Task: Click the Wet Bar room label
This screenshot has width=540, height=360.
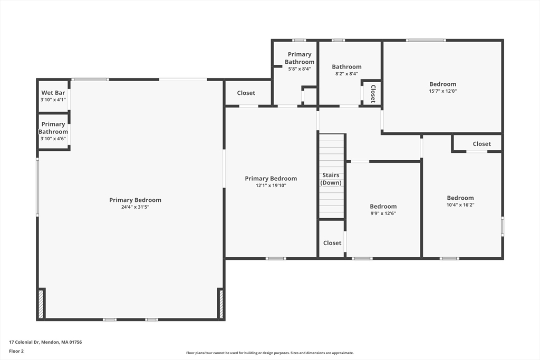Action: [x=53, y=93]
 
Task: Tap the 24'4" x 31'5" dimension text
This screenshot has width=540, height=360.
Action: [x=135, y=207]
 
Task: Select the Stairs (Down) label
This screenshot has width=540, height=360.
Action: [x=331, y=179]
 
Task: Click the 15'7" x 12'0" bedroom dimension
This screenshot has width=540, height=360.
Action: [x=442, y=91]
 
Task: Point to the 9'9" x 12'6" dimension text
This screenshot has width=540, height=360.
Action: [x=383, y=213]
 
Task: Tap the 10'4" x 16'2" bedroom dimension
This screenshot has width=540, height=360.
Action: [x=460, y=205]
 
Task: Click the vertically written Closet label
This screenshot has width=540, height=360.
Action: [x=373, y=93]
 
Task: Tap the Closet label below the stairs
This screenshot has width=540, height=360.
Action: [x=332, y=243]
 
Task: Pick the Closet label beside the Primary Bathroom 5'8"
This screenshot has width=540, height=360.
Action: [x=246, y=93]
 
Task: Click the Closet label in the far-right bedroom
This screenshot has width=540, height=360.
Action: [x=481, y=144]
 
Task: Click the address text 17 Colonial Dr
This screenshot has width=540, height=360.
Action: [x=45, y=342]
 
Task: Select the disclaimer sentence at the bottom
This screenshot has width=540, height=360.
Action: [x=269, y=353]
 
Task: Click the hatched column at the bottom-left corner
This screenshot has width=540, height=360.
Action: [x=41, y=304]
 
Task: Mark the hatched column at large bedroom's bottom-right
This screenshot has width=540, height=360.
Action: [x=221, y=304]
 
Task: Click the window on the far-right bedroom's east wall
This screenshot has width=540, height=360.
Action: [x=502, y=226]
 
